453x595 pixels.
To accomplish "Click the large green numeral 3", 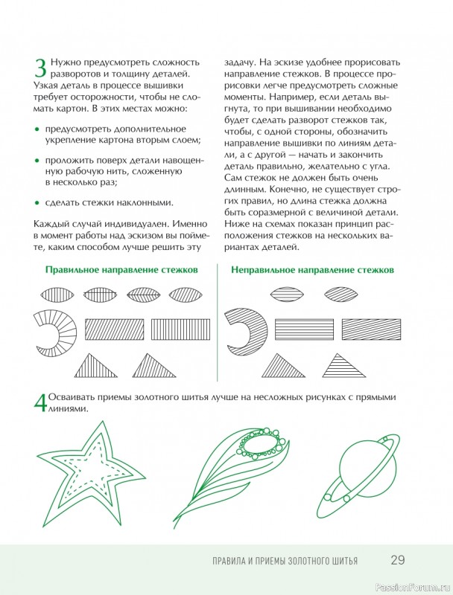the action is (x=40, y=68).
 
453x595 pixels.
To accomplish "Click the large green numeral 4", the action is (x=40, y=403).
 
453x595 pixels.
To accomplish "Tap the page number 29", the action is (x=398, y=560).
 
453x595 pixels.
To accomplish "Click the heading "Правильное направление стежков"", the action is (x=121, y=270).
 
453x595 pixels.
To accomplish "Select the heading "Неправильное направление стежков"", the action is (x=313, y=270).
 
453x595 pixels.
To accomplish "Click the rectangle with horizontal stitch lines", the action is (x=304, y=329).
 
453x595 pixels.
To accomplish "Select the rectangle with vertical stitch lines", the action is (x=181, y=329).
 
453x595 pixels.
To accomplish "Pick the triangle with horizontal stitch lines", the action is (x=343, y=366).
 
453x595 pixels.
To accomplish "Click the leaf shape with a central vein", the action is (x=144, y=294).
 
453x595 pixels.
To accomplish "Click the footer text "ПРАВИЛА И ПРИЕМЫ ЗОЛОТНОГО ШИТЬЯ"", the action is (x=285, y=561).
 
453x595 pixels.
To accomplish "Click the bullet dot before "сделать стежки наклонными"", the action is (x=37, y=203).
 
